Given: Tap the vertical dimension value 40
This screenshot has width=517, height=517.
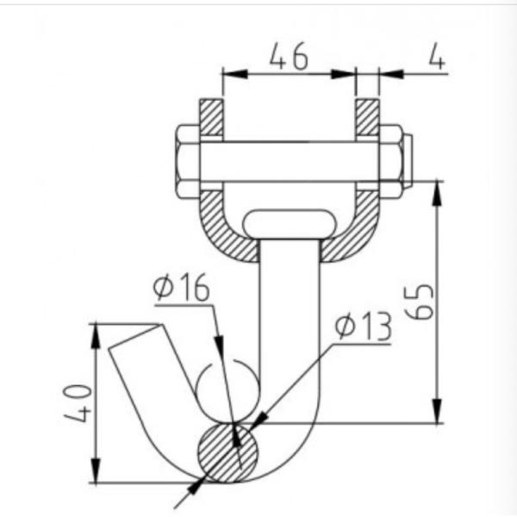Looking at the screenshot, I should pos(78,403).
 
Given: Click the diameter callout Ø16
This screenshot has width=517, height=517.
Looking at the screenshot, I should pos(182,288).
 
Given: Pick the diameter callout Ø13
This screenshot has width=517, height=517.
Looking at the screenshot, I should pos(363,327).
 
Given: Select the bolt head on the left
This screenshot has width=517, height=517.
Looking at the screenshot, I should pos(188,161).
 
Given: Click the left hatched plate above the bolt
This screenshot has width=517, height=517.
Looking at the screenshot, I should pos(212,118).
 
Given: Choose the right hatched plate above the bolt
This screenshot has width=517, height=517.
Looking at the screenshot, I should pos(368,118).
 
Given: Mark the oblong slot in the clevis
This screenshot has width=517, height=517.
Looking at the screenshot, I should pos(290,223).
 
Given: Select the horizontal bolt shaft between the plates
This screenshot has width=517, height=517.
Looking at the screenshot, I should pos(290,161).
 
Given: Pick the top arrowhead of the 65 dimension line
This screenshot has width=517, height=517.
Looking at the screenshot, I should pos(439,185).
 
